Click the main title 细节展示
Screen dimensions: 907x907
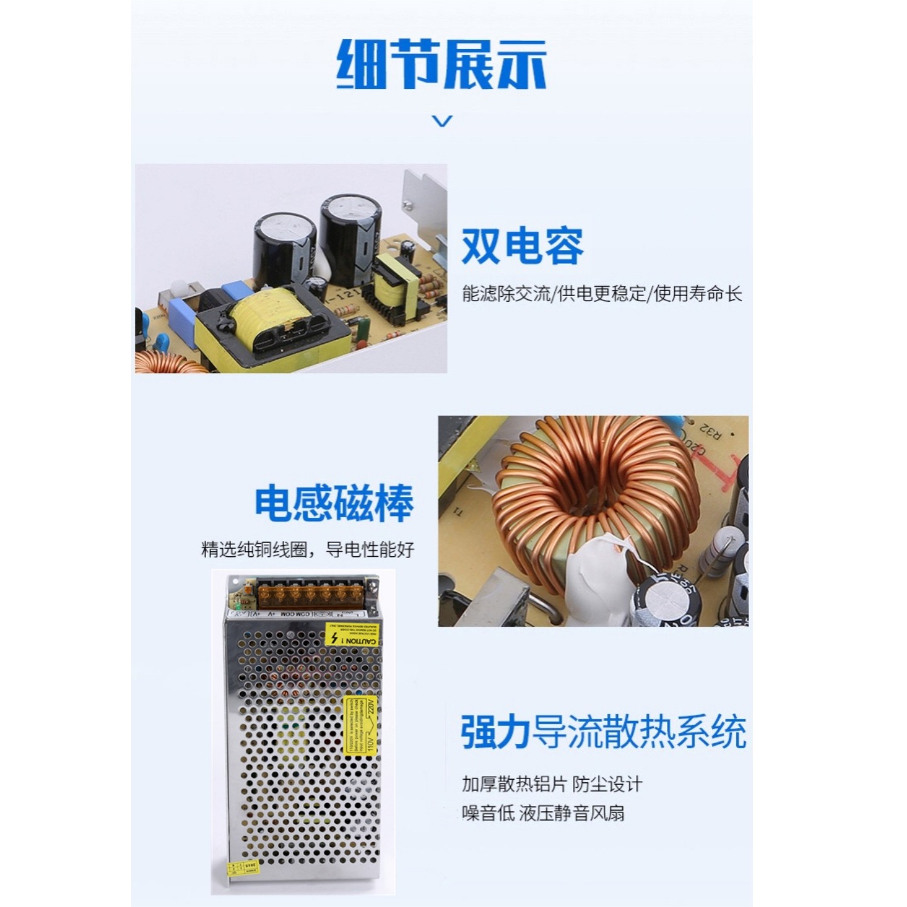(442, 64)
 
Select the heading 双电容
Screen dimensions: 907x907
(522, 246)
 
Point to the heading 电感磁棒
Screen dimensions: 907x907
(334, 503)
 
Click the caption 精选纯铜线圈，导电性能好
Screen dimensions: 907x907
(308, 549)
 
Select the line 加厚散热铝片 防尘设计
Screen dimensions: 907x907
(552, 784)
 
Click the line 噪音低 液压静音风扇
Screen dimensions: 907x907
(543, 813)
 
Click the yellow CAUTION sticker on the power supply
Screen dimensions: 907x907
(351, 636)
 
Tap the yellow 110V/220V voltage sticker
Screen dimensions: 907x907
(360, 724)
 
